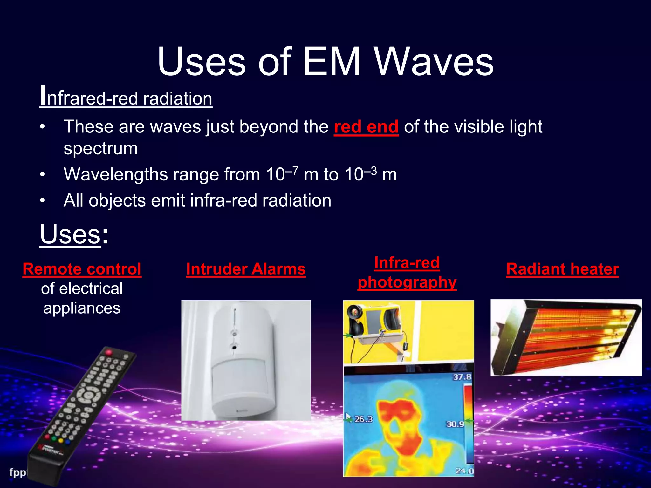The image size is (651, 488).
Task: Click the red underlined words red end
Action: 366,127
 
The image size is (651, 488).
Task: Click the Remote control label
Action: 82,269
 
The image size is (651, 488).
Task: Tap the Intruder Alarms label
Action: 246,269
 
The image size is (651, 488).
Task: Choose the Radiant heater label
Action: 562,269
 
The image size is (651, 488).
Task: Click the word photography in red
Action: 407,282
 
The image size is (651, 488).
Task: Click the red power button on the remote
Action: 109,352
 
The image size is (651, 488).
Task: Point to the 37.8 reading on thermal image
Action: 462,377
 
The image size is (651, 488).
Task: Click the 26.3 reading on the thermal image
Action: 363,419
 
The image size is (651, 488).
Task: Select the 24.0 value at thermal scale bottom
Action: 464,471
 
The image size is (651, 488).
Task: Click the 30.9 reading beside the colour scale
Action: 455,424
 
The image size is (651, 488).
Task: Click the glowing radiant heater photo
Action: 566,337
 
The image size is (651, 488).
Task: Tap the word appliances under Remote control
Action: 82,308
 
